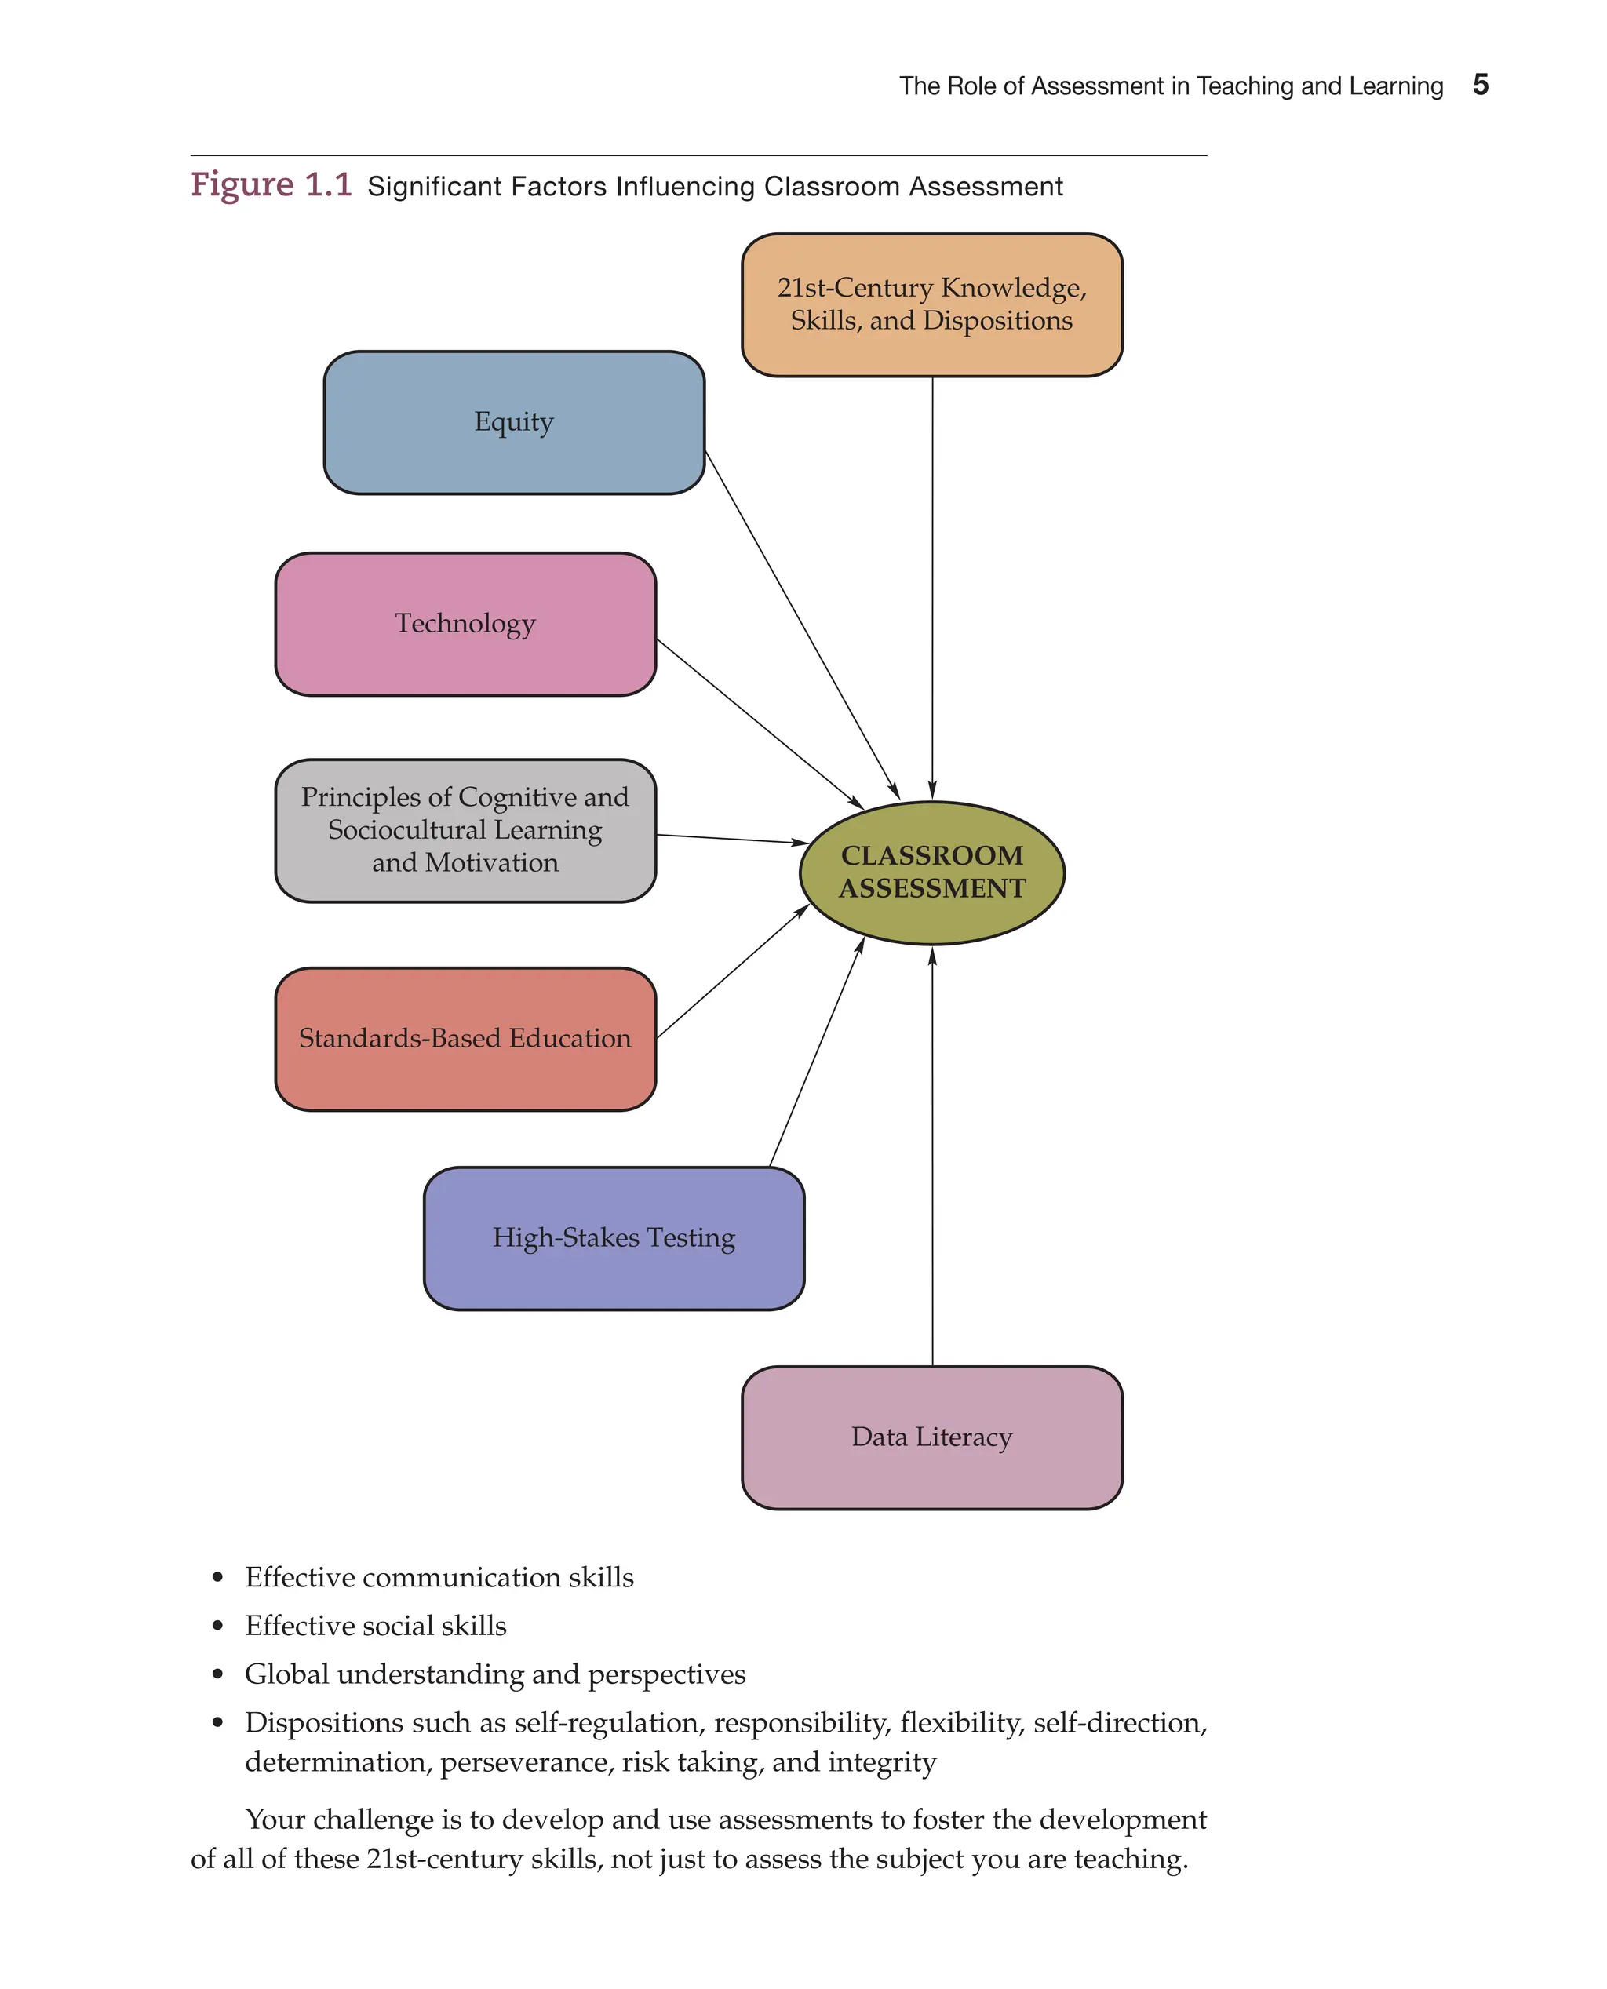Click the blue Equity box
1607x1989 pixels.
(x=514, y=422)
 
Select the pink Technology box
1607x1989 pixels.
(x=465, y=624)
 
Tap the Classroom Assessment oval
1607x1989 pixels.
(x=931, y=872)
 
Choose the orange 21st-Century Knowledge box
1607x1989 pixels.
(x=931, y=304)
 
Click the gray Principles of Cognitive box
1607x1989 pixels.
(x=465, y=829)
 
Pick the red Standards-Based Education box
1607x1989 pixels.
(x=465, y=1039)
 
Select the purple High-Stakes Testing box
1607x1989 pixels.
(x=613, y=1237)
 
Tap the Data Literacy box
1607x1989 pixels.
(x=931, y=1437)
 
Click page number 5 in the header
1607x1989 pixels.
(x=1480, y=86)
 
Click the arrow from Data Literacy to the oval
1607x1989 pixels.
(x=932, y=1157)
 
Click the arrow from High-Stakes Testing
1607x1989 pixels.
(x=817, y=1053)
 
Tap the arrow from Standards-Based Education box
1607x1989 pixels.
(x=731, y=972)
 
